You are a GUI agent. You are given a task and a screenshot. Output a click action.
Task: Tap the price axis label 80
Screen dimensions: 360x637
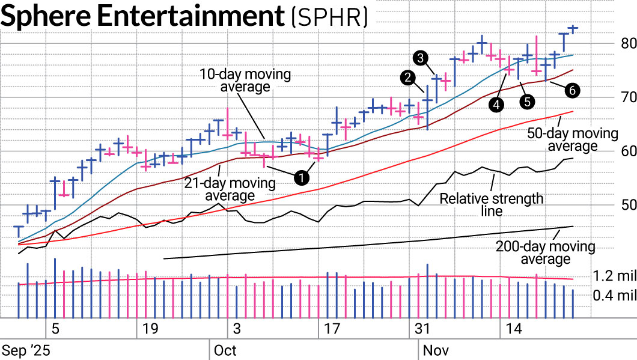pos(628,43)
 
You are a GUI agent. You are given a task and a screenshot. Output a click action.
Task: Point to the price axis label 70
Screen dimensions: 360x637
pos(628,97)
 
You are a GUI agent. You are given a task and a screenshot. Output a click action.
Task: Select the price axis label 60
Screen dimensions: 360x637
pos(628,151)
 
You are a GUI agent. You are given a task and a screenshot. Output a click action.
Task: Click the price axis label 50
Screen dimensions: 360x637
pos(628,205)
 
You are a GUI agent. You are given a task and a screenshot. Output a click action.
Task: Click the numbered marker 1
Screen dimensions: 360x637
pos(301,177)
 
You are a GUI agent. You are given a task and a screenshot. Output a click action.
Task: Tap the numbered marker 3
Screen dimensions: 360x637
pos(421,58)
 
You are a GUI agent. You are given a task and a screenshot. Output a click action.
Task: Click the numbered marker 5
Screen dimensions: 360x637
pos(528,101)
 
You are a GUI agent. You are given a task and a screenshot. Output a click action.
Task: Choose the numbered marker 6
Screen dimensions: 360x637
pos(571,90)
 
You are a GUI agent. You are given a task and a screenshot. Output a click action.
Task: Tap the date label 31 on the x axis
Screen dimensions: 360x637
pos(423,329)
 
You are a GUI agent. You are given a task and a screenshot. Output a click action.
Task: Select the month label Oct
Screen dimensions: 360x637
pos(225,350)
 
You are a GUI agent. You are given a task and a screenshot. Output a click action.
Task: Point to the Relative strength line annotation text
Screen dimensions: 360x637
pos(491,204)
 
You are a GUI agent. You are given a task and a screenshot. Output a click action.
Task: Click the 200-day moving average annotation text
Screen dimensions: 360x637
pos(545,252)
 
